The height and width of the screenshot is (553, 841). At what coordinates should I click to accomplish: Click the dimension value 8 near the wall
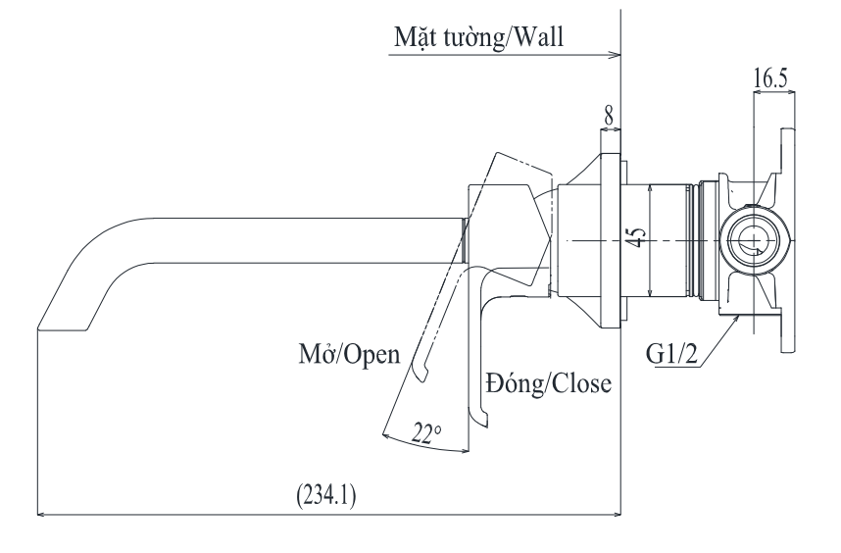pos(609,115)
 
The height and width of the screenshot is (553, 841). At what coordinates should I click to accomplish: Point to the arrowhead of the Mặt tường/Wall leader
pos(617,54)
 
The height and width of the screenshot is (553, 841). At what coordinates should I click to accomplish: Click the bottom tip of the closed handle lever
pos(482,420)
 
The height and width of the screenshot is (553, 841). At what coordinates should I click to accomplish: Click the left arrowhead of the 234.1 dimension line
pos(40,511)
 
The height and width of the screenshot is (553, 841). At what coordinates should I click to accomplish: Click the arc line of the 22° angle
pos(431,447)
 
